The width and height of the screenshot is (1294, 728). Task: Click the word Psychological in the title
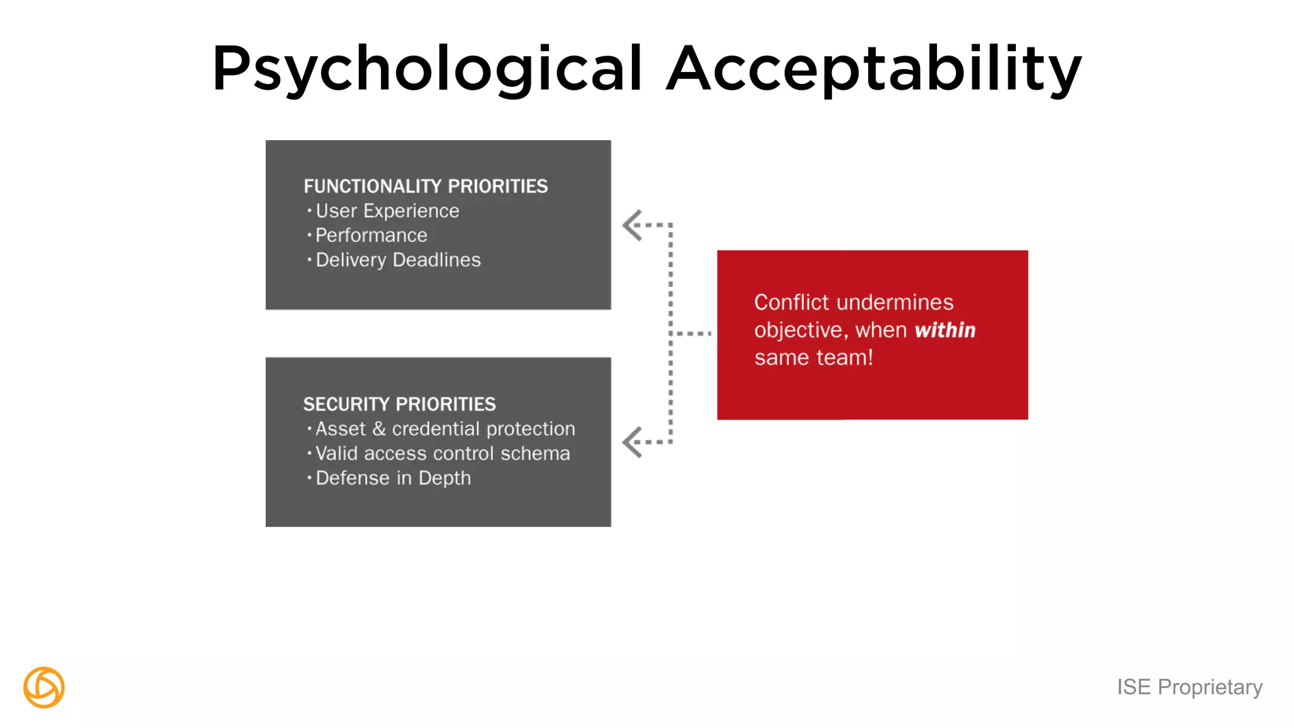click(x=427, y=70)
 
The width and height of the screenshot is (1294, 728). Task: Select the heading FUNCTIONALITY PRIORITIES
click(x=425, y=186)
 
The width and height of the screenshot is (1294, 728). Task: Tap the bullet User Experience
click(x=387, y=211)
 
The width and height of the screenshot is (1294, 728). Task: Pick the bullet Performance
click(x=372, y=236)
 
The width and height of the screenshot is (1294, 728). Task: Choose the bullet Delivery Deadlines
click(x=398, y=260)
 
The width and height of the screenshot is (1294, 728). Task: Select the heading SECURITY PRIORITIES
click(x=399, y=404)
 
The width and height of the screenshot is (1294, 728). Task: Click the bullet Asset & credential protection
click(x=445, y=429)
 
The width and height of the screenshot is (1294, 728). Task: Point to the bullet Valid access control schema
click(x=442, y=454)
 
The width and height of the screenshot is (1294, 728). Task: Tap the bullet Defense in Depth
click(x=393, y=478)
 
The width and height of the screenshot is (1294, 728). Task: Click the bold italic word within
click(x=945, y=331)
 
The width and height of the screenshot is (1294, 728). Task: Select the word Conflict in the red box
click(x=791, y=303)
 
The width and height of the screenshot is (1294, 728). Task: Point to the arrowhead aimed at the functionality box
click(x=632, y=226)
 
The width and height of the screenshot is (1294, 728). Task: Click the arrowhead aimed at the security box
click(x=632, y=442)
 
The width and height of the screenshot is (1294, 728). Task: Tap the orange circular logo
click(x=44, y=688)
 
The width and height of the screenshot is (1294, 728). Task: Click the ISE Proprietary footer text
click(x=1189, y=687)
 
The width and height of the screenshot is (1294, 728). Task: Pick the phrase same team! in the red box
click(x=814, y=358)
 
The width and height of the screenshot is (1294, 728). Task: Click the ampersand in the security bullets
click(x=379, y=429)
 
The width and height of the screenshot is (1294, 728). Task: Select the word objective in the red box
click(x=799, y=331)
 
